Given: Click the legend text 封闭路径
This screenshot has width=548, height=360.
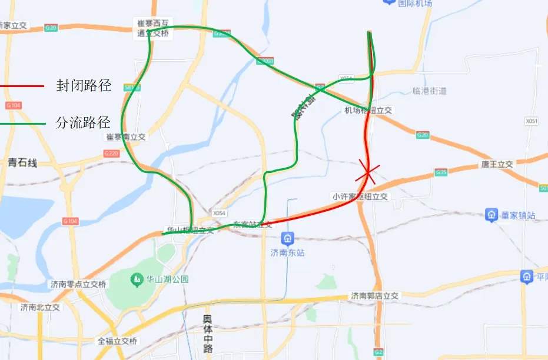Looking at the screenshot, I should coord(84,85).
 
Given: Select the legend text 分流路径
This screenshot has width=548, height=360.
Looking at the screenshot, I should coord(84,123).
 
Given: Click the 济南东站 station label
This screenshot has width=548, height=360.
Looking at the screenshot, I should coord(288,253).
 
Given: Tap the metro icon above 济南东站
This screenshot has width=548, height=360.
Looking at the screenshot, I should coord(288,239).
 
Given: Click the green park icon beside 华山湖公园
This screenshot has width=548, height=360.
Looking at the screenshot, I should coord(137,278).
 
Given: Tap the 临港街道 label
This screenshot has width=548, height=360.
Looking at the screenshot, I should coord(430,91).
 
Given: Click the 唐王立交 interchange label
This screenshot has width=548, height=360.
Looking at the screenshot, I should coord(497,164).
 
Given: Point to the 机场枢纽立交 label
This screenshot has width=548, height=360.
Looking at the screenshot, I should coord(368,110).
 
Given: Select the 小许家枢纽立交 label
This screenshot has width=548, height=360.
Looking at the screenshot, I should coord(361,196).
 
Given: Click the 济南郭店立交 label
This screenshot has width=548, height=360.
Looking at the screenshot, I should coord(375,296).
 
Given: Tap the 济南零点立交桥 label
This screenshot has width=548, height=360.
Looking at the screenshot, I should coord(78,284).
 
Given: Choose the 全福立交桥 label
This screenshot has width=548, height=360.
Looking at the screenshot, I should coord(117,341).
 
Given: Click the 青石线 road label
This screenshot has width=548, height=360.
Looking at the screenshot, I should coord(22,163).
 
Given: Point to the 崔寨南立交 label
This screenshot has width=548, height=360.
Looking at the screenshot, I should coord(125,136).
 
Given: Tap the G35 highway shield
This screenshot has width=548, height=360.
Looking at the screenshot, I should coord(441,172).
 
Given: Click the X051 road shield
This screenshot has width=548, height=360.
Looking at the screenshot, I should coord(532,121).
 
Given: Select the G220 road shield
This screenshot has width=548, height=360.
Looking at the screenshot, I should coord(111,153).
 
